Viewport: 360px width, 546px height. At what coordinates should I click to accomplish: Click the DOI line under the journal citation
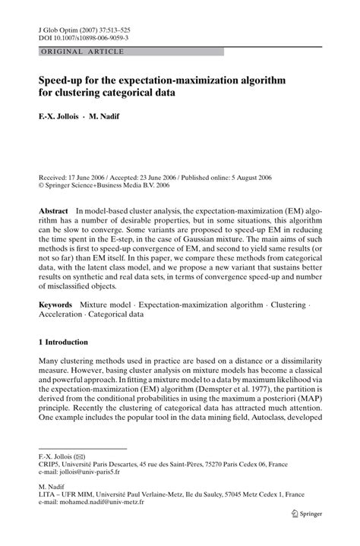pyautogui.click(x=84, y=36)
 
